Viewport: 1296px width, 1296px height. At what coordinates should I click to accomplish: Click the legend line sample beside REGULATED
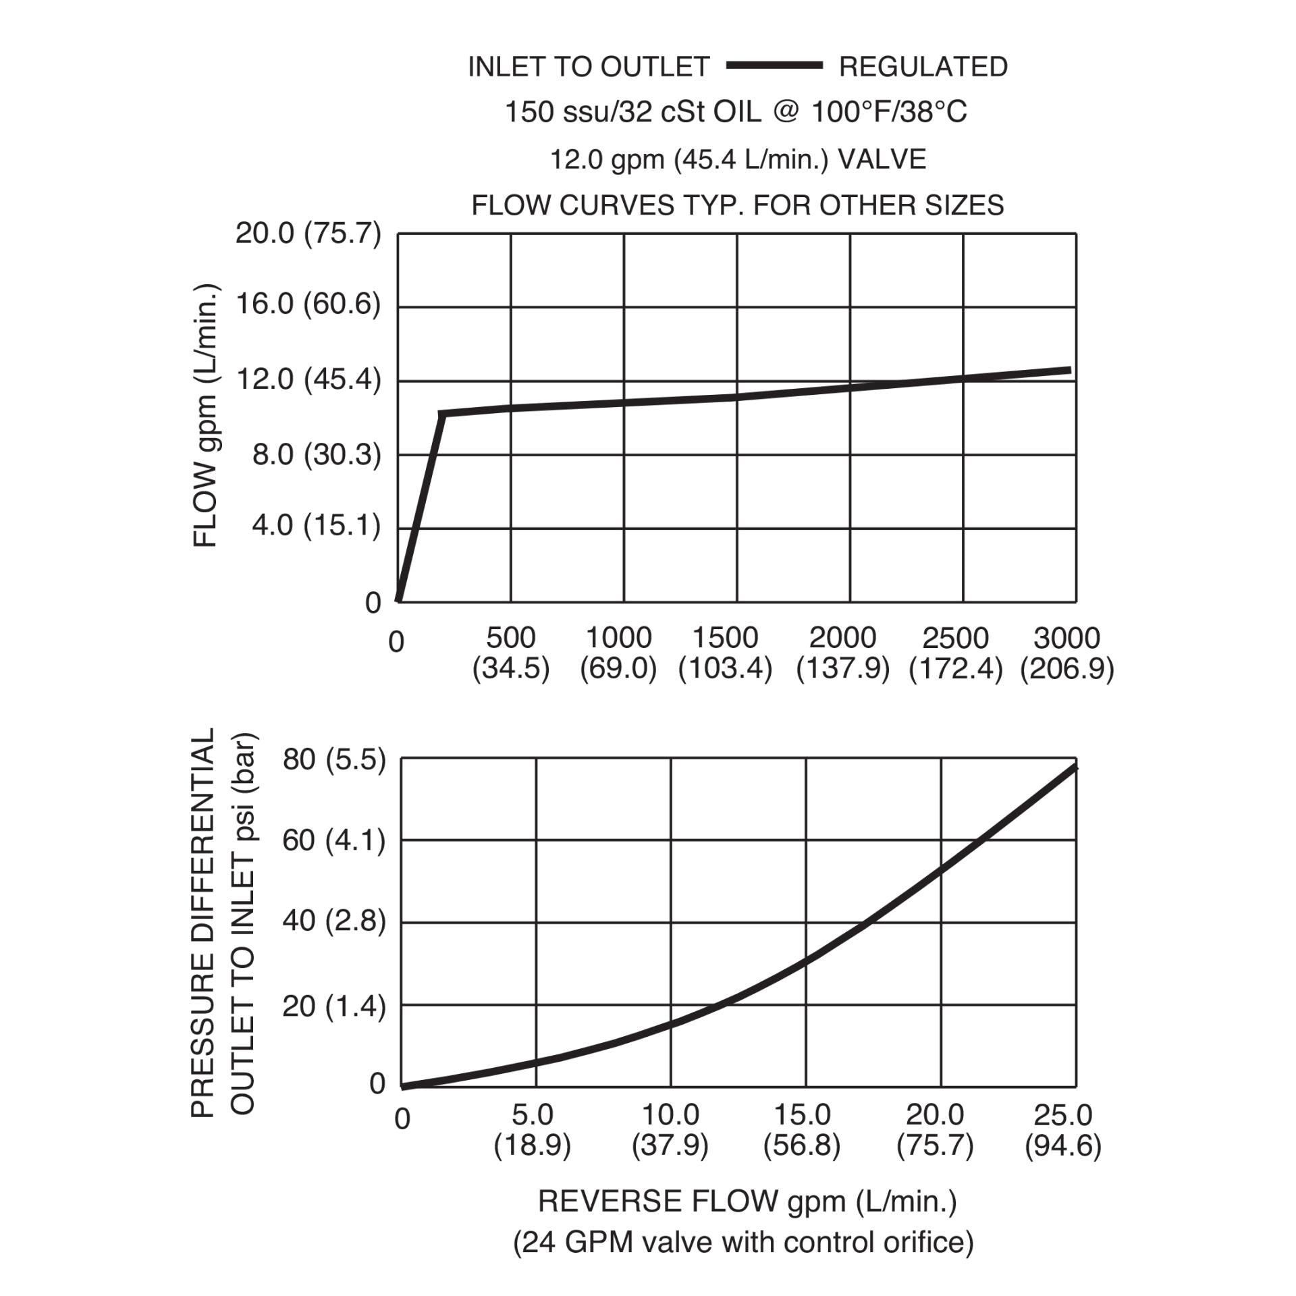pos(774,65)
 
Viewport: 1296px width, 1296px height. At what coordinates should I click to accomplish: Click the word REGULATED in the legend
pos(923,67)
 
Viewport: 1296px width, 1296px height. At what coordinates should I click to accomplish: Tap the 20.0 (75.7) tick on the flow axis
pos(308,234)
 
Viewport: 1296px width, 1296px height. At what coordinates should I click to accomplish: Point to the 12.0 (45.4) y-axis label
pos(308,380)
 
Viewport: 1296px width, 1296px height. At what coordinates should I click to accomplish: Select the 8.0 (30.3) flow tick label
pos(316,454)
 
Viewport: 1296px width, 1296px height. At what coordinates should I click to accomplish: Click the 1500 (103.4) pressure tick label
pos(725,653)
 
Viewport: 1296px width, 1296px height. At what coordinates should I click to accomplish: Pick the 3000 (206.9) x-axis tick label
pos(1066,653)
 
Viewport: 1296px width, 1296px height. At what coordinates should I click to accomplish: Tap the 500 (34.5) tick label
pos(511,653)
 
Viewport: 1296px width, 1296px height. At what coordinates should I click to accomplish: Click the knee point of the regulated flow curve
pos(441,413)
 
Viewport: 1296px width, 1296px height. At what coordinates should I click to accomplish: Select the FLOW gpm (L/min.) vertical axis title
pos(205,416)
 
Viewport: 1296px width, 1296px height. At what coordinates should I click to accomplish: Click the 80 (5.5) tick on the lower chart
pos(334,760)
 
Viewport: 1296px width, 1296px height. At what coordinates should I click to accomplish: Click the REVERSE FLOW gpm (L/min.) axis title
pos(747,1201)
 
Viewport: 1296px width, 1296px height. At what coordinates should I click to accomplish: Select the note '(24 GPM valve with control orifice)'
pos(743,1242)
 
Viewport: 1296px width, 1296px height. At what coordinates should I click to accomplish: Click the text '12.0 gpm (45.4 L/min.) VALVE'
pos(738,160)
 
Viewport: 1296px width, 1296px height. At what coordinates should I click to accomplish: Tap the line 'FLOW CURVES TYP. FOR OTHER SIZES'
pos(737,205)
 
